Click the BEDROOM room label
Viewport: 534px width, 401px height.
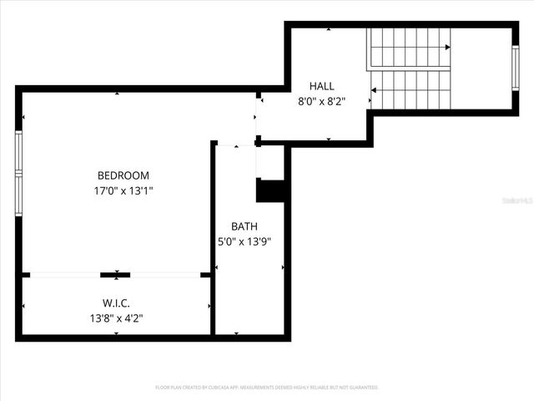pos(123,175)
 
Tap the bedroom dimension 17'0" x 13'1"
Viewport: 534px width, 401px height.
pos(123,190)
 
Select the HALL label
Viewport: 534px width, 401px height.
pos(321,86)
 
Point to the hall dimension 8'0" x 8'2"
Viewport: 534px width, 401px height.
pos(321,101)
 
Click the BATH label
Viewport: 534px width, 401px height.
pos(244,226)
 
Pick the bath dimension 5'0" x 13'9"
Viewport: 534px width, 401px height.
pos(244,241)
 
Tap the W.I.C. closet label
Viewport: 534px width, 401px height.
pos(116,302)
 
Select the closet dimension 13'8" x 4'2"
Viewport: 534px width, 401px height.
pos(116,317)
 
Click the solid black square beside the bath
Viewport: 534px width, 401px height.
pos(271,191)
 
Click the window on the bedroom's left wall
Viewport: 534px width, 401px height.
pos(18,173)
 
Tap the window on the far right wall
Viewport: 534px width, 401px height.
pos(515,67)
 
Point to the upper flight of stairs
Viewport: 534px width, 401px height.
pos(409,48)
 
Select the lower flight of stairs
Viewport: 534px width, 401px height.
pos(411,89)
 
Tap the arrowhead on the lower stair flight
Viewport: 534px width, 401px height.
pos(374,89)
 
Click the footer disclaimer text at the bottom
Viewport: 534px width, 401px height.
pos(267,388)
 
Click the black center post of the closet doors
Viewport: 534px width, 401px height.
pos(115,274)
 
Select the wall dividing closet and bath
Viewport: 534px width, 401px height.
pos(213,305)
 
